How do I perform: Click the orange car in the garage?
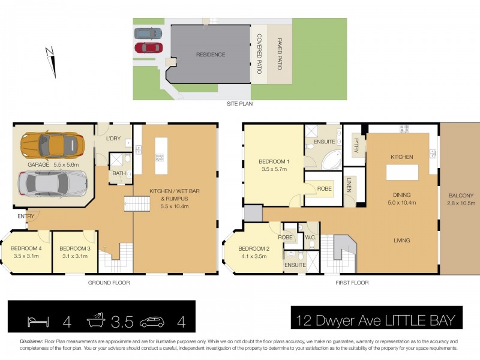(52, 146)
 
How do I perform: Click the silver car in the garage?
(53, 184)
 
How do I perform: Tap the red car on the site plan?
(148, 47)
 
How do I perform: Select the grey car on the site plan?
(148, 34)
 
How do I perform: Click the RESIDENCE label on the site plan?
(211, 55)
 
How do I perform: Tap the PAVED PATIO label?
(280, 54)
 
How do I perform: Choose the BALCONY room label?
(461, 196)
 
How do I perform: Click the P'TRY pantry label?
(356, 146)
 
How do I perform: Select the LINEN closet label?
(349, 185)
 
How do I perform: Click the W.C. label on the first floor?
(310, 237)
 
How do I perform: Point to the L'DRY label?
(113, 139)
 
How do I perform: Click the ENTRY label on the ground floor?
(26, 216)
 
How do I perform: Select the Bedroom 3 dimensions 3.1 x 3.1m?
(75, 256)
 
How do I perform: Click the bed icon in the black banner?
(38, 322)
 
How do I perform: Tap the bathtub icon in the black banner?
(96, 320)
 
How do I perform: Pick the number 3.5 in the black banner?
(122, 322)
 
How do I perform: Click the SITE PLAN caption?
(239, 104)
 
